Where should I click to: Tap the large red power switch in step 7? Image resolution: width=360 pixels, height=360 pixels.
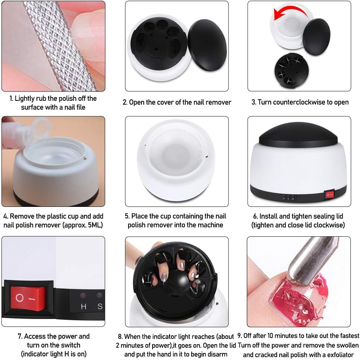coord(28,299)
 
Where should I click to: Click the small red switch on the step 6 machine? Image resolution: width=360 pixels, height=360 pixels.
coord(329,195)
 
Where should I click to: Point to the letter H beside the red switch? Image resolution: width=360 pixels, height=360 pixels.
coord(83,307)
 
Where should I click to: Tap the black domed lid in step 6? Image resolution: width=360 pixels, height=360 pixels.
coord(298,135)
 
